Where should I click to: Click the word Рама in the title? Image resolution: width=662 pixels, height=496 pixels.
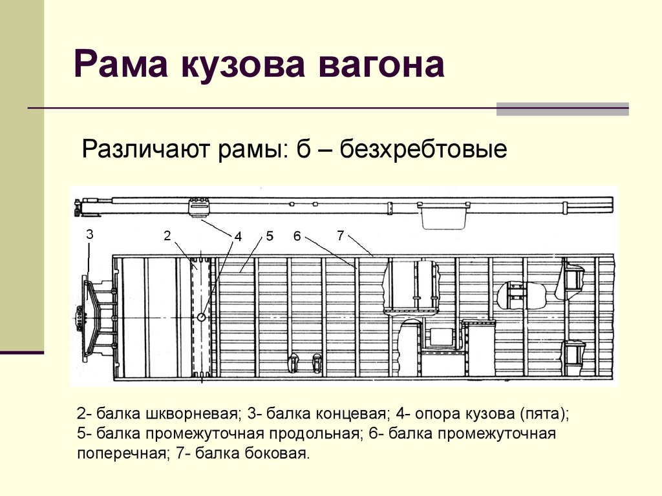tap(120, 64)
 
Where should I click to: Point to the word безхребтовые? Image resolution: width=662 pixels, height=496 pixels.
tap(423, 149)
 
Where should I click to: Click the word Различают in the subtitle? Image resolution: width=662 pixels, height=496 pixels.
tap(145, 150)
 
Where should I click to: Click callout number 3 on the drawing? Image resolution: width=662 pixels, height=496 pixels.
tap(89, 234)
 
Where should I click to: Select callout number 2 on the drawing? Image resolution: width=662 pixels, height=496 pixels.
tap(167, 236)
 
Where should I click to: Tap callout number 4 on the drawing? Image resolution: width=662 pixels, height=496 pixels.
tap(238, 236)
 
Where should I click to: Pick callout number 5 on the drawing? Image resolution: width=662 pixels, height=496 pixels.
tap(270, 236)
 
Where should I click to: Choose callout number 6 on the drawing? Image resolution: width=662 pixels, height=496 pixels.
tap(297, 236)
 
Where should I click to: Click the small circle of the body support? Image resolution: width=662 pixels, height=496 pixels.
tap(202, 316)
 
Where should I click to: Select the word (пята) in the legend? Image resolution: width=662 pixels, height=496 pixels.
tap(543, 414)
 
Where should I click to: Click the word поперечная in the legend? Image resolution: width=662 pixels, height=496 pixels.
tap(120, 454)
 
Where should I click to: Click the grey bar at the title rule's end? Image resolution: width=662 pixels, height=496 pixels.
tap(562, 108)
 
